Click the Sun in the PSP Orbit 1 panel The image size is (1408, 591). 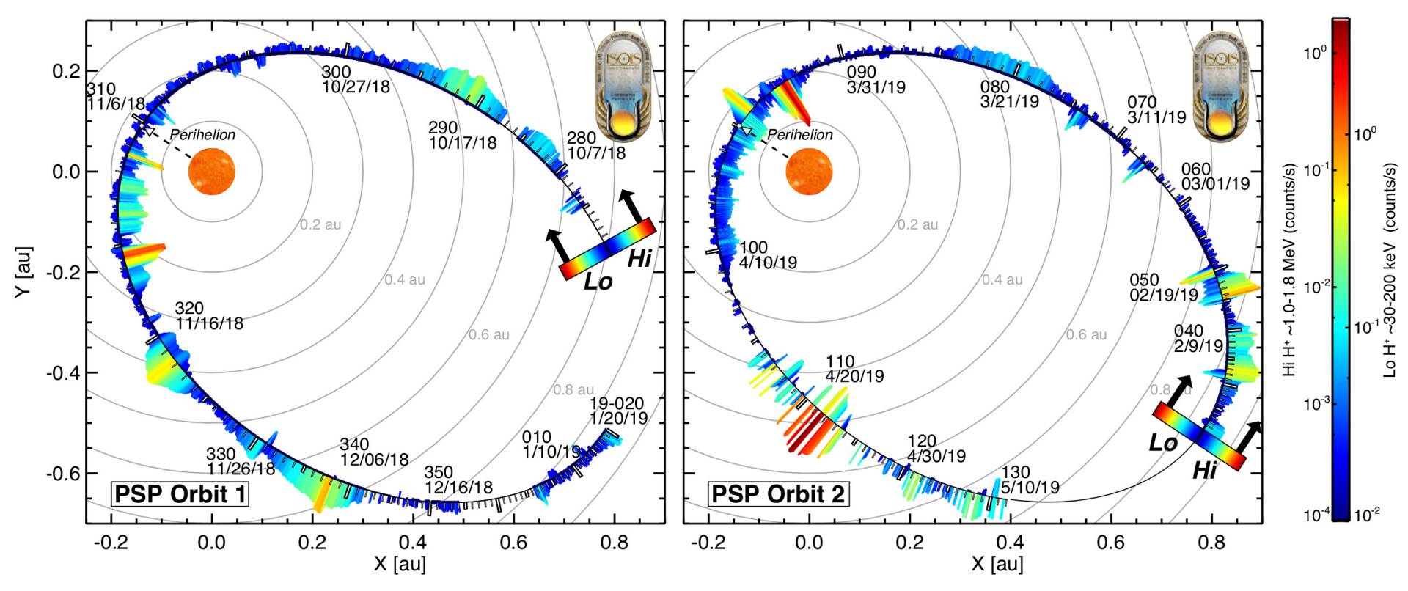212,172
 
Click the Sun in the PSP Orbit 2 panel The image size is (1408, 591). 810,172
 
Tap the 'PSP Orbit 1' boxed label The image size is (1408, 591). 180,494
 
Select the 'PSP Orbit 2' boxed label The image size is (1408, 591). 777,494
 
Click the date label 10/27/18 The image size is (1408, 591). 356,87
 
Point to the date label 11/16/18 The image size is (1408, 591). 209,323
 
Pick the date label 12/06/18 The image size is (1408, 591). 374,460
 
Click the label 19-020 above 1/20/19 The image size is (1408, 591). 617,404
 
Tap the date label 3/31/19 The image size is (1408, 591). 876,87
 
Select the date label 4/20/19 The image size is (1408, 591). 854,376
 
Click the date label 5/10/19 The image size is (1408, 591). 1030,487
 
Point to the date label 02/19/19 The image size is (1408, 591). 1164,295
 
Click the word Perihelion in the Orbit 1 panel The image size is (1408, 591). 203,135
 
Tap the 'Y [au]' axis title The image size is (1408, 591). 25,271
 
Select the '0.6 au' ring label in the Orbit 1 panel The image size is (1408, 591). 489,334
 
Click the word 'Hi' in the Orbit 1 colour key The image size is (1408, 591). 639,258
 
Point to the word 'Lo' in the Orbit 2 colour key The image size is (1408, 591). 1163,443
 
